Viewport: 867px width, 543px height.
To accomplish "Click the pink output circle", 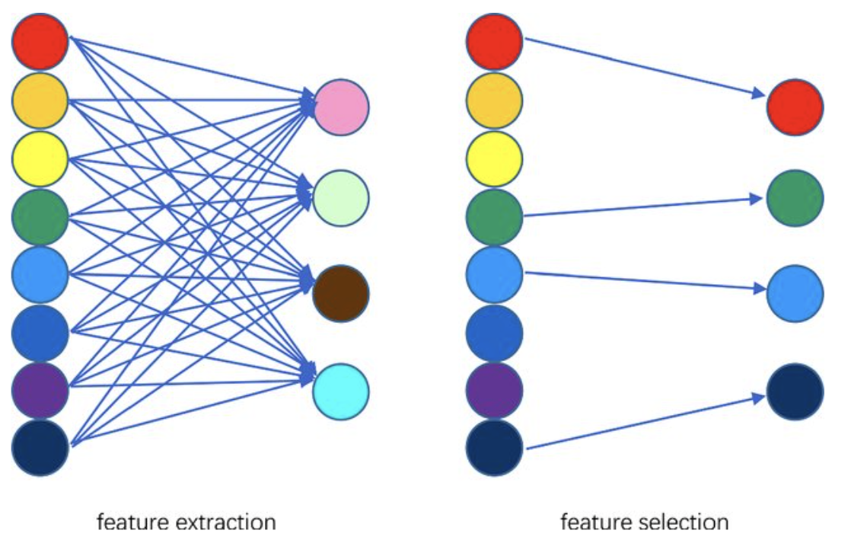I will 341,107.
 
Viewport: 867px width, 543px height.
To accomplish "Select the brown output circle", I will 341,293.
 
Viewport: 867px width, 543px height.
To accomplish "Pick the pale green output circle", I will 341,198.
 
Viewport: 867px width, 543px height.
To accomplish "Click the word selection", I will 687,522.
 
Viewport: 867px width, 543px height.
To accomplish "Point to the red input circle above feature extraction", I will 40,43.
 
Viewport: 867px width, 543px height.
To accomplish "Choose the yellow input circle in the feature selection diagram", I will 494,159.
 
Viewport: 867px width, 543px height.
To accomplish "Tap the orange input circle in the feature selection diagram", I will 494,101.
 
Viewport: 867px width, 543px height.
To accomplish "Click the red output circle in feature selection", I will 795,107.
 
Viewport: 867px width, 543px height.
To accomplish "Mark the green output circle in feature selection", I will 795,198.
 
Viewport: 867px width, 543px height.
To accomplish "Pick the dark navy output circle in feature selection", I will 795,392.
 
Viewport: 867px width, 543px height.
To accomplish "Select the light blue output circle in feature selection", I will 795,293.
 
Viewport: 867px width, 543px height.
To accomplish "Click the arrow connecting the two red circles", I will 643,66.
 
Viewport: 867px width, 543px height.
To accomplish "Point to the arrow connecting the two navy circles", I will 643,422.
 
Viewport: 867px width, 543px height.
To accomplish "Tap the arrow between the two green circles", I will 643,206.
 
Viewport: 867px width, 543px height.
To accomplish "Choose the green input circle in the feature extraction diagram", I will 40,217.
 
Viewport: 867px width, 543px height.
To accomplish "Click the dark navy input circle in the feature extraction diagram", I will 40,448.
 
